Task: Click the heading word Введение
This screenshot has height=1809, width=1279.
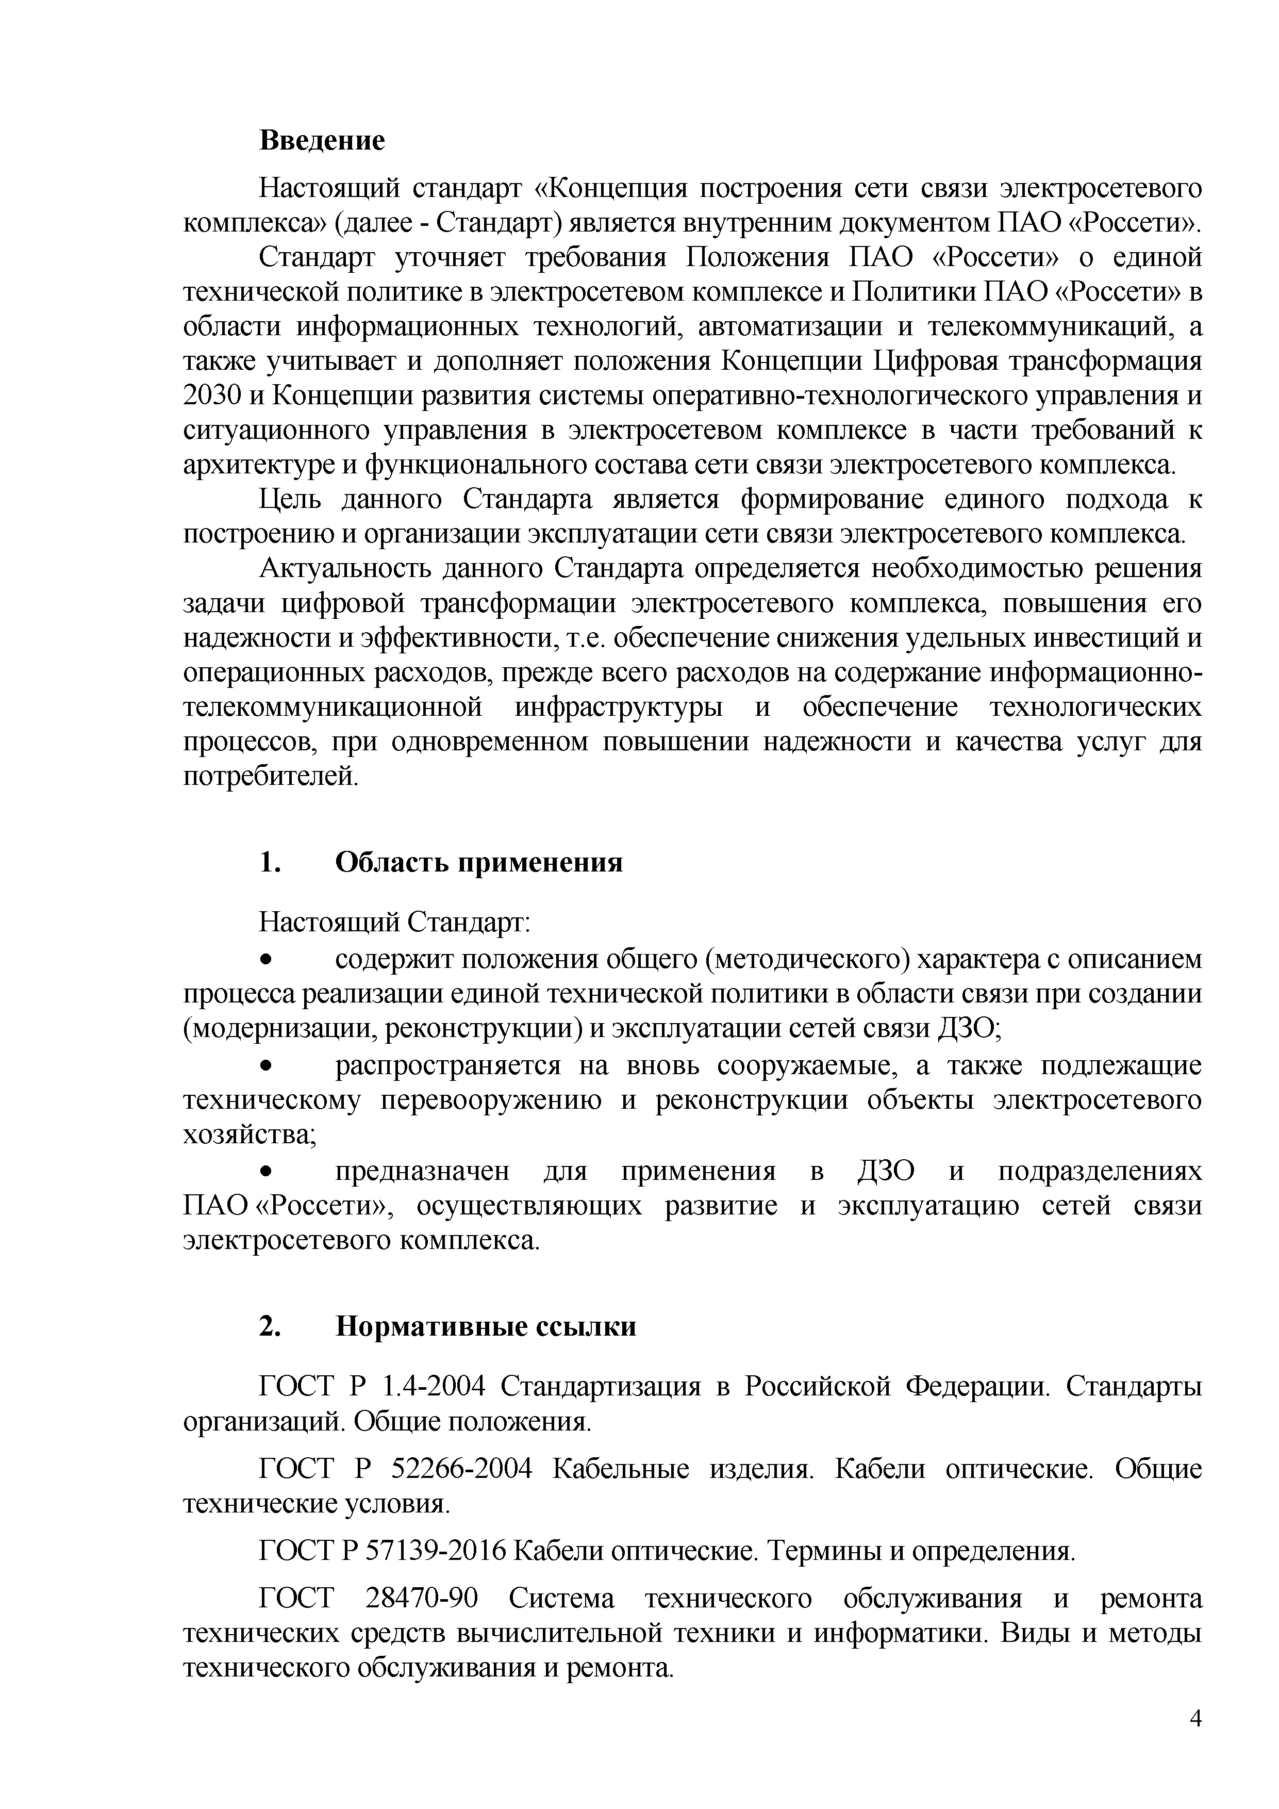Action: point(322,141)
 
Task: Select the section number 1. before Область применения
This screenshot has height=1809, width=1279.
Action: point(269,863)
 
